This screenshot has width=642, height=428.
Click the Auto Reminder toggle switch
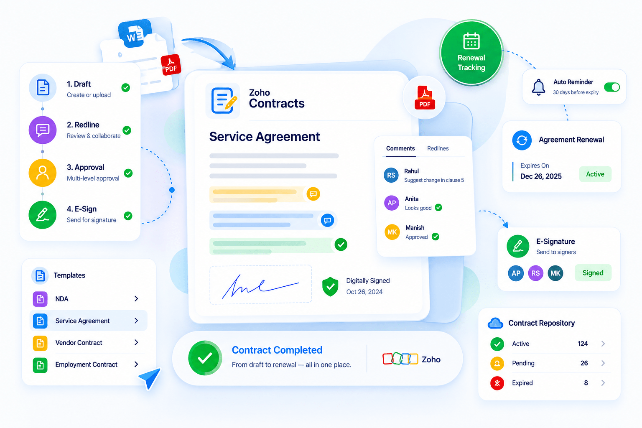[612, 87]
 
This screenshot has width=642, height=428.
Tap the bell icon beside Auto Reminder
[538, 87]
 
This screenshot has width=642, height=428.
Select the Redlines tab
[438, 148]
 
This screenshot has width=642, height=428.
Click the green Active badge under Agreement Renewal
[595, 174]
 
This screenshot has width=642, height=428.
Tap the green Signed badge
[593, 273]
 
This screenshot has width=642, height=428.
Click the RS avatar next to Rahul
[391, 175]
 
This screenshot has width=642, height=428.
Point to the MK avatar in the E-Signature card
[555, 273]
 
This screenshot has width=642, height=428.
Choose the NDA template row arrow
[136, 299]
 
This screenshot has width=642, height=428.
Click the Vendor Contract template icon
[40, 343]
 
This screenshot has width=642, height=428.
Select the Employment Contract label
[86, 364]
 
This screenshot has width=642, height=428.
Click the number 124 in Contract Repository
[583, 344]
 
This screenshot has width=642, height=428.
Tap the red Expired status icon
[497, 383]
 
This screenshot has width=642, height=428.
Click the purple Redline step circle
[43, 130]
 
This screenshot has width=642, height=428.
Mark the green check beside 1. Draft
[125, 88]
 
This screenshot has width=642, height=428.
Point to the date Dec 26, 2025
[541, 176]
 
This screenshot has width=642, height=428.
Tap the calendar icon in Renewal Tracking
[471, 41]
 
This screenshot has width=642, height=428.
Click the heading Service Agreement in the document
[264, 136]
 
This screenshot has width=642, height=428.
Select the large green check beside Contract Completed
[205, 358]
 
